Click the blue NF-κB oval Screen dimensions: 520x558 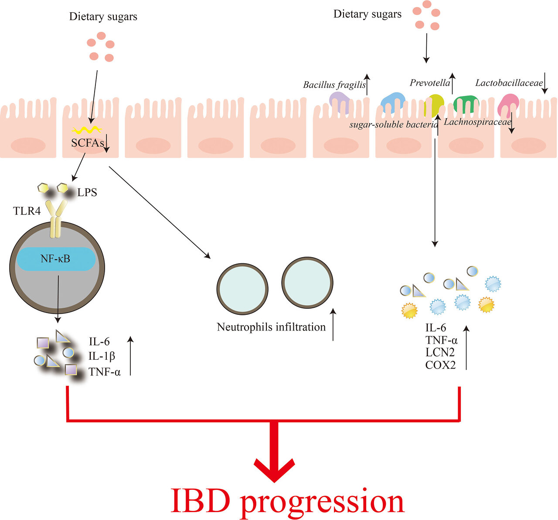(56, 259)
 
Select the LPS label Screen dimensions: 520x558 (87, 192)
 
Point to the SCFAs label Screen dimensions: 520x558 (87, 142)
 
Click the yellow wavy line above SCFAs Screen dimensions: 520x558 (87, 130)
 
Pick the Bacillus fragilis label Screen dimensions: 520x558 (334, 85)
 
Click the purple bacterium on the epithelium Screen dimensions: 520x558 (339, 102)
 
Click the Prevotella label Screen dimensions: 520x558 (429, 83)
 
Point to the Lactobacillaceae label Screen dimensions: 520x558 (509, 83)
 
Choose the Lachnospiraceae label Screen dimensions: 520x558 (476, 122)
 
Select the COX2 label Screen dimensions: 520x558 (440, 365)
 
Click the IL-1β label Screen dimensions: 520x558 (102, 356)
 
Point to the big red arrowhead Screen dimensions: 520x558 (274, 467)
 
